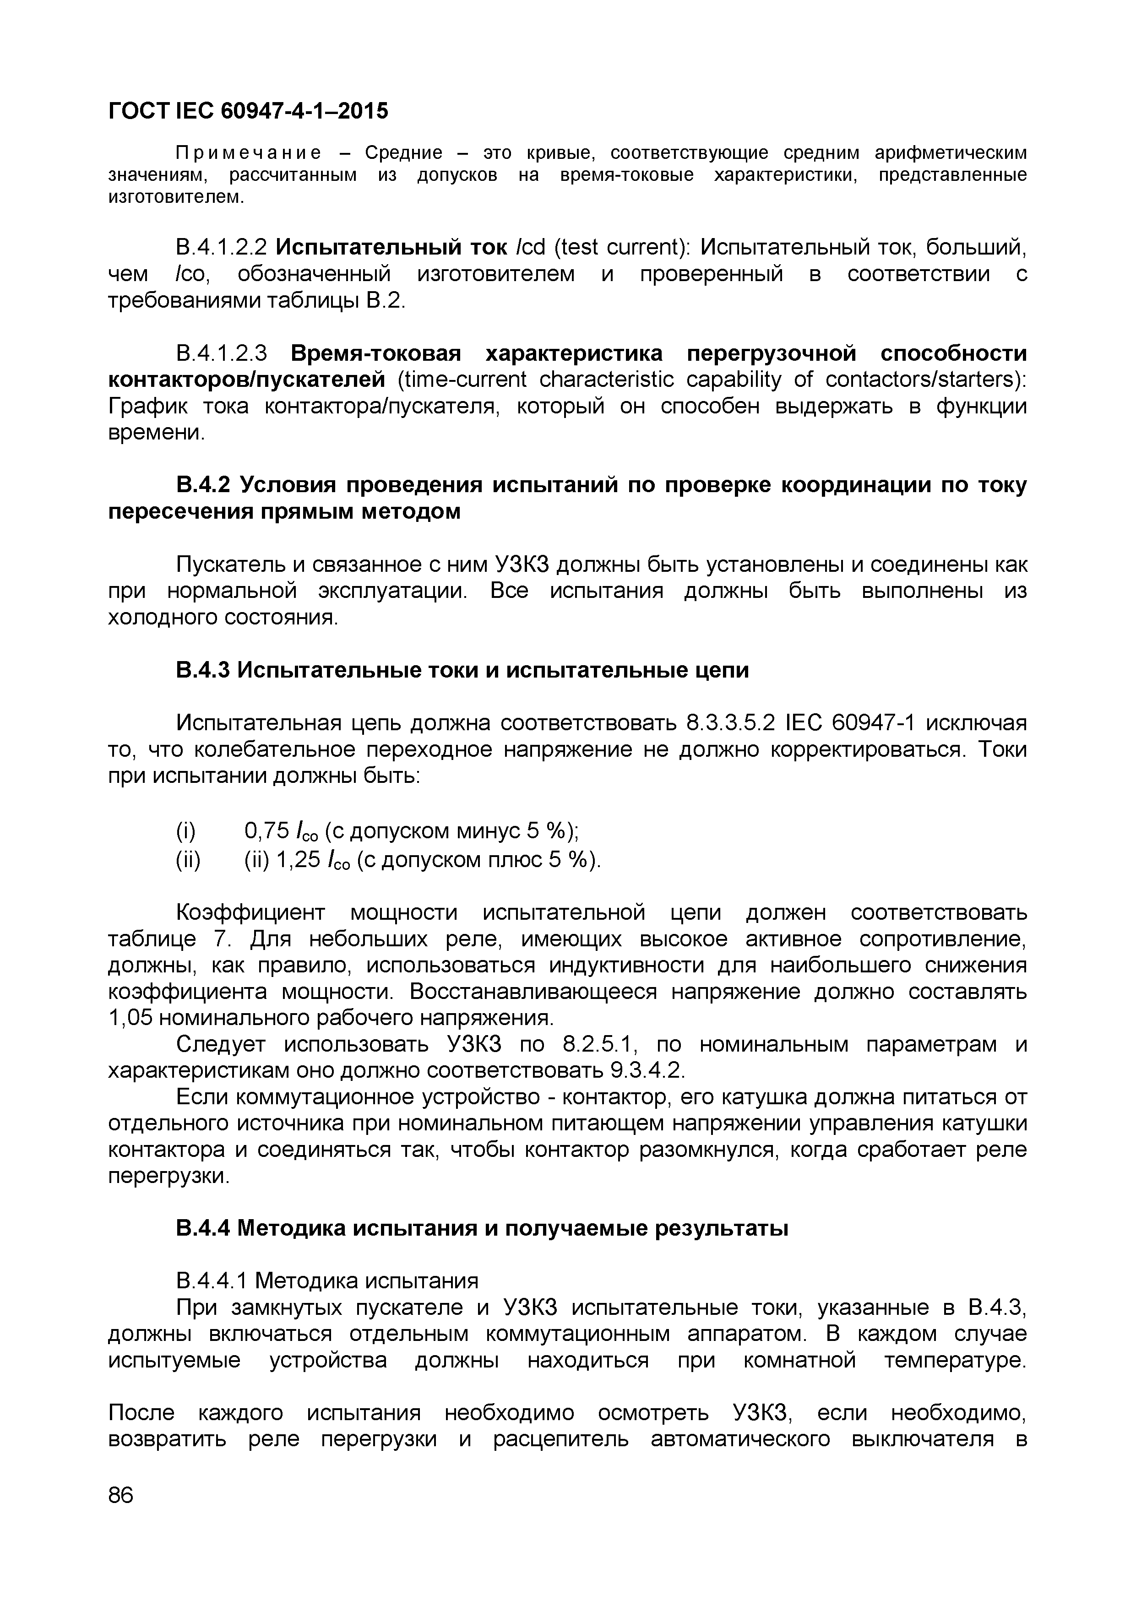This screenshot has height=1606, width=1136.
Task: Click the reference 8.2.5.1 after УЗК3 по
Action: click(598, 1044)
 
